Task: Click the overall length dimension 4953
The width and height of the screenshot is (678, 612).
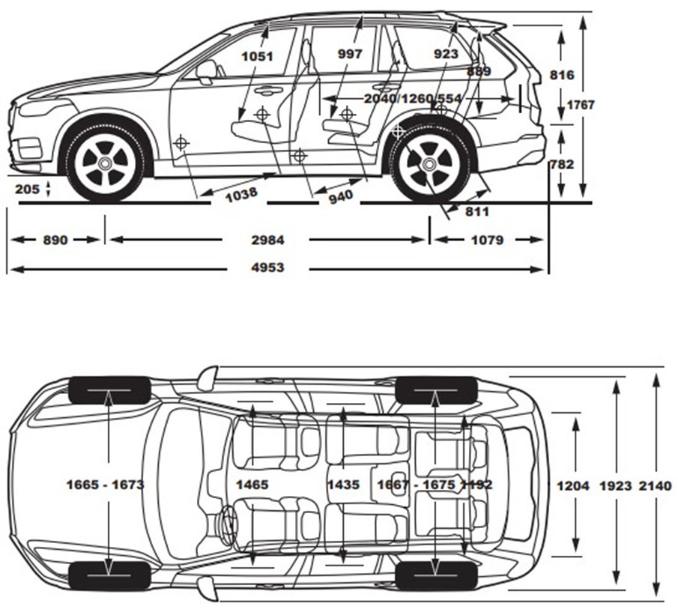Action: click(x=267, y=267)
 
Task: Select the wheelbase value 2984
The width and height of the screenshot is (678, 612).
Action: click(x=267, y=240)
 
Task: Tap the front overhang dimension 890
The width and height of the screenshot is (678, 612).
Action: click(x=55, y=240)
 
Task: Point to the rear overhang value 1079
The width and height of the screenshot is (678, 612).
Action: click(x=488, y=240)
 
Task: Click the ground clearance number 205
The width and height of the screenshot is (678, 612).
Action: click(x=27, y=189)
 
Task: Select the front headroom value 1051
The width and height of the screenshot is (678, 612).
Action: click(x=258, y=55)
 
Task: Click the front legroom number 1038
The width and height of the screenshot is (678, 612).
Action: click(x=240, y=193)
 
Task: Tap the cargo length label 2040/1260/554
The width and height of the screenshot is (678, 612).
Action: click(x=412, y=98)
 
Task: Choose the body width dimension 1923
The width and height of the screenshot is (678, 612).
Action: click(x=616, y=485)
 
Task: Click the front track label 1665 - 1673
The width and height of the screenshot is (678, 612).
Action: click(x=105, y=485)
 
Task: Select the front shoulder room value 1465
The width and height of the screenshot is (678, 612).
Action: click(x=252, y=485)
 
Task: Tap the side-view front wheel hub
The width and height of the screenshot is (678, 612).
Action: click(x=105, y=163)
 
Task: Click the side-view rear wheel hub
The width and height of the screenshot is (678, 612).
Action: click(x=429, y=164)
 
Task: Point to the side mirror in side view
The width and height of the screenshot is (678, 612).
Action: click(x=206, y=70)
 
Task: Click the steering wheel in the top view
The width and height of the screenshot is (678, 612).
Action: click(x=227, y=520)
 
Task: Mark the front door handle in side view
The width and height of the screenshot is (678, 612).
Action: click(x=267, y=91)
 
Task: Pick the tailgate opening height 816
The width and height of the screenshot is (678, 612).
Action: click(x=561, y=74)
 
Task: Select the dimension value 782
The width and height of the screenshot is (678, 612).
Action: click(x=561, y=164)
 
